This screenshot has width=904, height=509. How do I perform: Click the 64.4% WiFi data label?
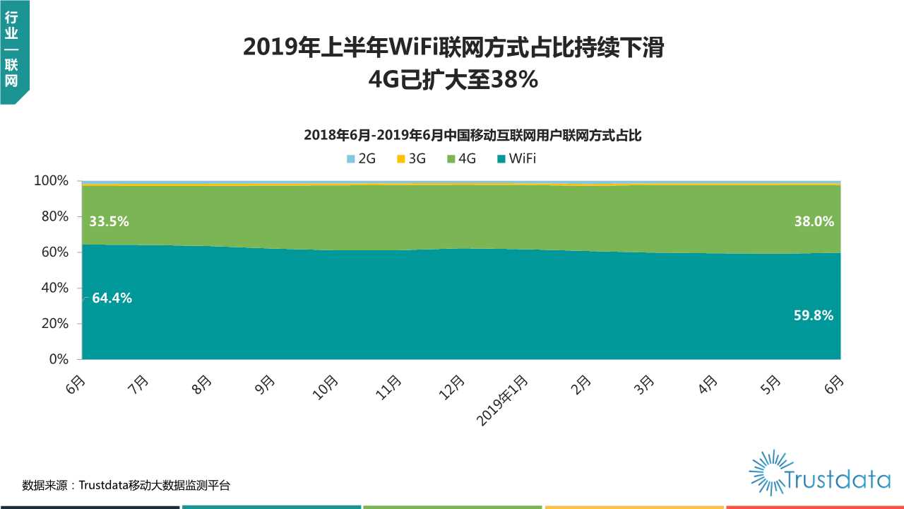click(112, 298)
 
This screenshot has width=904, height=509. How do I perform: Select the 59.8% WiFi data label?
click(814, 316)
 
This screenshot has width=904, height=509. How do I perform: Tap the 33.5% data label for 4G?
click(109, 222)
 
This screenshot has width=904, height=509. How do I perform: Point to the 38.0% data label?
click(814, 222)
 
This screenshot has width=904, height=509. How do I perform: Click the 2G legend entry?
click(362, 158)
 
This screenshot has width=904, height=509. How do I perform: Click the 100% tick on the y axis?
click(51, 181)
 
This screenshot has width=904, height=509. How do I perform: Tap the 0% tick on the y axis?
click(57, 359)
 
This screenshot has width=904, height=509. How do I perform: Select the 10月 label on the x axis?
click(326, 388)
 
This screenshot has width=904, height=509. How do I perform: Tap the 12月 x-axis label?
click(452, 388)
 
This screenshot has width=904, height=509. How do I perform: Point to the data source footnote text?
click(126, 486)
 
